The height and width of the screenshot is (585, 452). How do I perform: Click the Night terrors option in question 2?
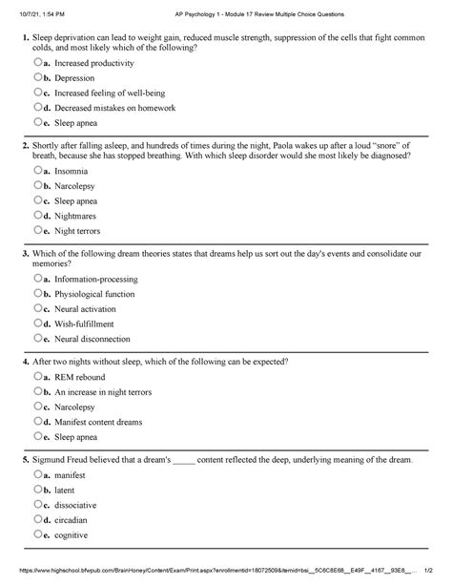click(80, 231)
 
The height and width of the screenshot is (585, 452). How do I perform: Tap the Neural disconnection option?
click(92, 339)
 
